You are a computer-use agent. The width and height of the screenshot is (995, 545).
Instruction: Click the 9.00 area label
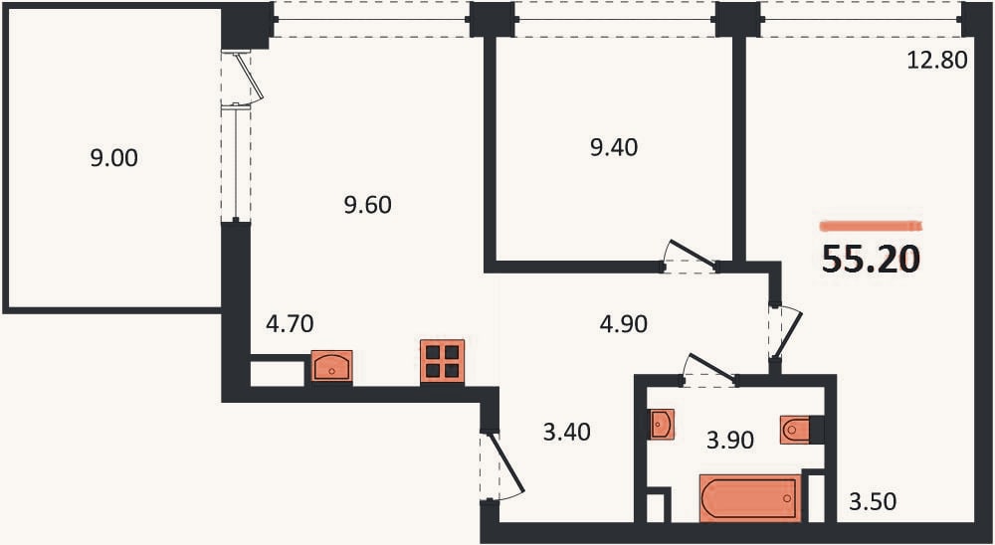114,158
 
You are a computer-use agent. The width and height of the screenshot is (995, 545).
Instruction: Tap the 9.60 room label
368,205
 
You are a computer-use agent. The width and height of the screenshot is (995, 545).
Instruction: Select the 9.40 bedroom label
614,147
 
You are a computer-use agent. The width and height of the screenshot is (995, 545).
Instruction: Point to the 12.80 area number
937,60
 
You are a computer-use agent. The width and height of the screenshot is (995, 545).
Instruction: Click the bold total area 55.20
871,259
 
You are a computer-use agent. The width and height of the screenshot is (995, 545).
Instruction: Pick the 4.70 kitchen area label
290,323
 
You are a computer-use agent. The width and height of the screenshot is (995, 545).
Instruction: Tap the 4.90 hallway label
623,323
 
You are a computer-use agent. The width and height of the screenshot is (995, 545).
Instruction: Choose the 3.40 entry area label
567,432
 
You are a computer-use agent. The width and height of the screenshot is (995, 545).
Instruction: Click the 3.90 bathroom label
730,439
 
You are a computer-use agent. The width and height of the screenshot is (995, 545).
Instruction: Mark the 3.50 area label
873,502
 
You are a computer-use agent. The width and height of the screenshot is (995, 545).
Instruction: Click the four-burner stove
443,362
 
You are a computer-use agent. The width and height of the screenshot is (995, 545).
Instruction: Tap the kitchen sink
331,367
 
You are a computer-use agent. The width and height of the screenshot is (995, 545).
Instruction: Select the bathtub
750,498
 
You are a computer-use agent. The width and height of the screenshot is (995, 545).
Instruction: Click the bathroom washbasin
662,424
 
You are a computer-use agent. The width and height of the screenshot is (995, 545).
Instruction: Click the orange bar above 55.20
870,226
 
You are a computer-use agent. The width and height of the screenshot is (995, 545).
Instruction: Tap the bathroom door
708,369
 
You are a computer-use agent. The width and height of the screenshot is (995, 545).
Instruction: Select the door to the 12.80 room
786,335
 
